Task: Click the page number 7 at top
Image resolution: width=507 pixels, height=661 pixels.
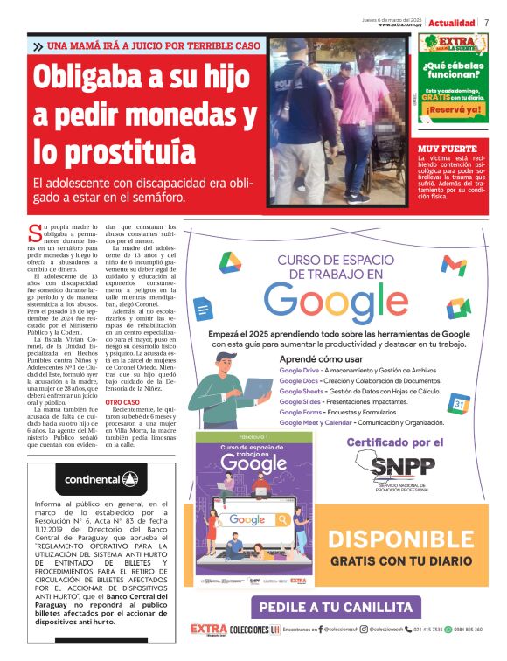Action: coord(486,23)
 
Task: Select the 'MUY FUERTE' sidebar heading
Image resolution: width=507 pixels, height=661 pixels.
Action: coord(448,149)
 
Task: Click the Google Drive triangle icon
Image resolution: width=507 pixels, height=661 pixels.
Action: coord(230,263)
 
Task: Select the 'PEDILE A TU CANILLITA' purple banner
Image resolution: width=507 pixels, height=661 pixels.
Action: coord(336,607)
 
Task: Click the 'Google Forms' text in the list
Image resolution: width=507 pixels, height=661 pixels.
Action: coord(301,412)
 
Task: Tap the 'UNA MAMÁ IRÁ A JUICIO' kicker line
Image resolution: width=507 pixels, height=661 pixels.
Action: coord(153,45)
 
